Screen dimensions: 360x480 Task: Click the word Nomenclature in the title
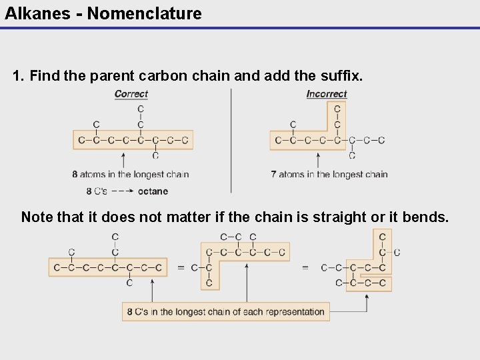click(x=144, y=13)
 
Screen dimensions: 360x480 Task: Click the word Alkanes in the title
click(x=36, y=13)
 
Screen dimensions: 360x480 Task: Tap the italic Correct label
click(x=131, y=94)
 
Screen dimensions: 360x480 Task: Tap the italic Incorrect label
click(x=327, y=94)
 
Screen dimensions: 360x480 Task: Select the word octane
click(x=153, y=191)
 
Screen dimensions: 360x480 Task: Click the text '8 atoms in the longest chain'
click(x=131, y=175)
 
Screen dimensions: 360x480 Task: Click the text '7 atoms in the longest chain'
click(x=329, y=175)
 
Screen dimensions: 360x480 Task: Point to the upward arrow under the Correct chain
click(x=123, y=160)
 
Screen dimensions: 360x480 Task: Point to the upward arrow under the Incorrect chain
click(x=317, y=160)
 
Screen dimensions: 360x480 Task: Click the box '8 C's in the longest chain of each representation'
click(x=225, y=311)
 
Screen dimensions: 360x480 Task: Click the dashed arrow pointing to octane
click(x=121, y=191)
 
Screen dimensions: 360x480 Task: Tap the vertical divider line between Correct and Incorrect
click(x=231, y=140)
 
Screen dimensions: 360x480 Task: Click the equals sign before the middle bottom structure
click(x=181, y=268)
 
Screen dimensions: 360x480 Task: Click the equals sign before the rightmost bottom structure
click(x=305, y=268)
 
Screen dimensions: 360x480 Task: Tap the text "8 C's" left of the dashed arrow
click(x=97, y=191)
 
